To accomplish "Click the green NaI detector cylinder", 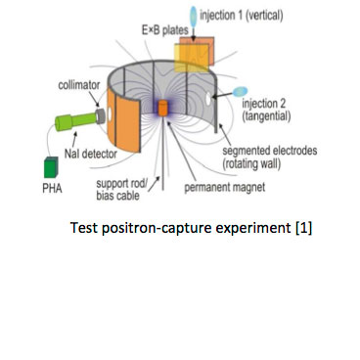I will tap(67, 123).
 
